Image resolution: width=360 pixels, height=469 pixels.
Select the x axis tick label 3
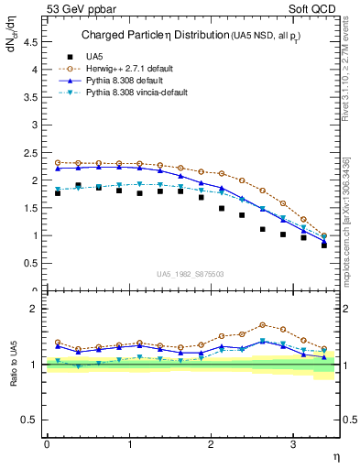coord(293,444)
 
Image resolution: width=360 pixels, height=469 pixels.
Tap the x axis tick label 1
coord(129,444)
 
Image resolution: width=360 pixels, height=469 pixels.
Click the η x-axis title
coord(336,456)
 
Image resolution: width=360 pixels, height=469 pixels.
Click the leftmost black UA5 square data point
coord(58,193)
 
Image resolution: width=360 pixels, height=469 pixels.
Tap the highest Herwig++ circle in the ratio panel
coord(263,325)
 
